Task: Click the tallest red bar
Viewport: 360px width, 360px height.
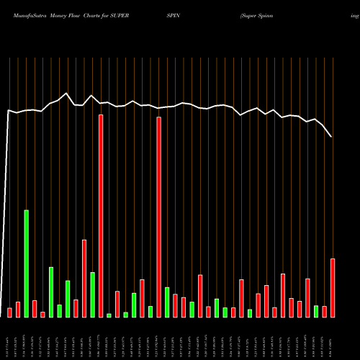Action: [x=101, y=216]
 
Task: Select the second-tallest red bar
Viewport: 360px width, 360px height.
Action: [x=158, y=217]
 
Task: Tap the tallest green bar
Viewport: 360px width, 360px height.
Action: [x=27, y=264]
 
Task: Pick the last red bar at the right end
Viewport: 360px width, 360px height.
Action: [x=333, y=288]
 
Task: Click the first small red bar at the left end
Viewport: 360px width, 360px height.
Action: [x=10, y=312]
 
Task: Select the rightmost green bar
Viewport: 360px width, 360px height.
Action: [x=316, y=311]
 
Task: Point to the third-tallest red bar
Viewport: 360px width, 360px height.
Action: [x=84, y=278]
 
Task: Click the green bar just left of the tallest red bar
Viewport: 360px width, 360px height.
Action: [x=92, y=294]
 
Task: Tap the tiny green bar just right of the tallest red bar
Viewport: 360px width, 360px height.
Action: [x=109, y=315]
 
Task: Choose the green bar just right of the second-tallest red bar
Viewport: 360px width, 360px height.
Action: [x=167, y=302]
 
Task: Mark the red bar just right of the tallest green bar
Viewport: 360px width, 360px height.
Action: [x=35, y=309]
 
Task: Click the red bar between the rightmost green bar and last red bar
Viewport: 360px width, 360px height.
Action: [x=325, y=312]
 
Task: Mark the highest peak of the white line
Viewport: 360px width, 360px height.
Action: [x=67, y=93]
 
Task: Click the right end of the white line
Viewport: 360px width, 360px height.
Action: [x=332, y=137]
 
